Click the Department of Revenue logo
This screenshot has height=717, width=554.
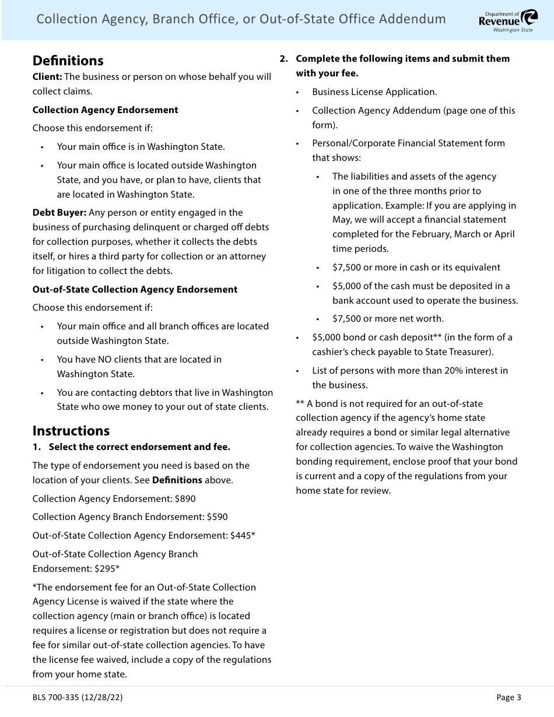click(x=508, y=20)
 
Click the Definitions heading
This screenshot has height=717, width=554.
click(x=68, y=61)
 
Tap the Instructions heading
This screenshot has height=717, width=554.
click(x=71, y=431)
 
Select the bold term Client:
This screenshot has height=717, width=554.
click(x=47, y=76)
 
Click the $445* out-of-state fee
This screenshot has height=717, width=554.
click(x=243, y=535)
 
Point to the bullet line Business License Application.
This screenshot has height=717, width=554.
click(x=374, y=92)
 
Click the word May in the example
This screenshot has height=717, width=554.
click(x=342, y=220)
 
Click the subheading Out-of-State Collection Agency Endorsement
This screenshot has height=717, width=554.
click(x=135, y=289)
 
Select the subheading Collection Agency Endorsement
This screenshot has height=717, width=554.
click(x=105, y=110)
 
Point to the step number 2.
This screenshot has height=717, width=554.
click(x=283, y=58)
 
